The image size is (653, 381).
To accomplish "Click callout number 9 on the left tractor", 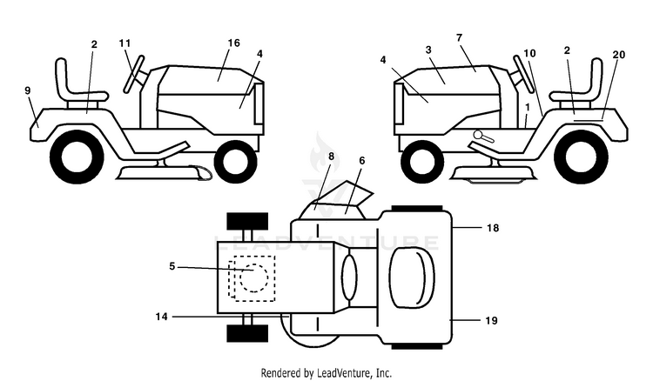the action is click(x=28, y=90).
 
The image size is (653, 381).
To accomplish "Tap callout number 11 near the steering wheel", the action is click(x=125, y=43).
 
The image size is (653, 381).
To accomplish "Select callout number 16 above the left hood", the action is click(x=234, y=43).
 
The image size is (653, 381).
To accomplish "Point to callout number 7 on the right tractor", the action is click(x=460, y=38).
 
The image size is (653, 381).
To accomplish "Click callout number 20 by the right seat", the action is click(x=619, y=55).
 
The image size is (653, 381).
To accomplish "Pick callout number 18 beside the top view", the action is click(x=493, y=228).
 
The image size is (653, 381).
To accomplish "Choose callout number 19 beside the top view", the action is click(x=492, y=321).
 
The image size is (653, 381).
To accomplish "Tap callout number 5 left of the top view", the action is click(x=172, y=266).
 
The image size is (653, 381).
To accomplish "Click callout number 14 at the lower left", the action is click(x=162, y=317).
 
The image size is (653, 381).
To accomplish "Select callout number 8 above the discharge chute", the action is click(x=331, y=157).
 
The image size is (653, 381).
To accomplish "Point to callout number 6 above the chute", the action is click(x=361, y=161).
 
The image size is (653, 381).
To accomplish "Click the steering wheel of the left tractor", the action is click(x=134, y=74).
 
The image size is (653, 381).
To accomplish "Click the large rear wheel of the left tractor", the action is click(x=77, y=157).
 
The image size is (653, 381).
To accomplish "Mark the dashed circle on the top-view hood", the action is click(x=254, y=277).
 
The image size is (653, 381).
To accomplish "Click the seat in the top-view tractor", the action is click(x=413, y=277).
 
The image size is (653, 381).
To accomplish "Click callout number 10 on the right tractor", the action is click(x=529, y=53).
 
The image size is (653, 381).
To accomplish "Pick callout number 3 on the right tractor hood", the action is click(x=428, y=50).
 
